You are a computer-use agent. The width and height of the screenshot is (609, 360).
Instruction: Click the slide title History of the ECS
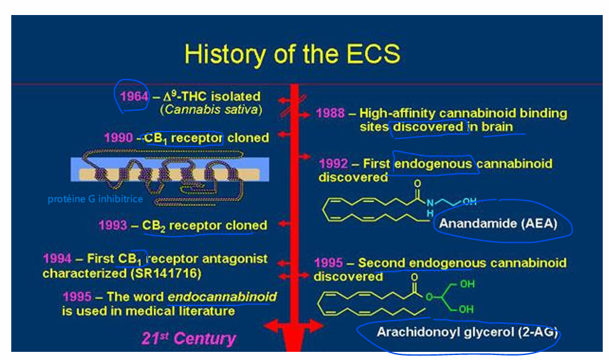coord(292,54)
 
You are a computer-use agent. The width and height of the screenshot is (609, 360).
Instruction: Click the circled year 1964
coord(134,96)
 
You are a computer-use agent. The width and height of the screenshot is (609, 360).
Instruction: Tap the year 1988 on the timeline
coord(330,113)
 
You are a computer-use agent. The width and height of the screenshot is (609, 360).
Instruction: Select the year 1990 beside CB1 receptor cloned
coord(118,138)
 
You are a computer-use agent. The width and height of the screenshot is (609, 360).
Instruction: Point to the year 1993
coord(113,225)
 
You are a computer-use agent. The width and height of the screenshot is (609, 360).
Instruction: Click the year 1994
coord(58,259)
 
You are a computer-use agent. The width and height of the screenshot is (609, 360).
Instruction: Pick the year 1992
coord(333,163)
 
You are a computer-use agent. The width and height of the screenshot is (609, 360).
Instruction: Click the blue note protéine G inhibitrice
coord(95,199)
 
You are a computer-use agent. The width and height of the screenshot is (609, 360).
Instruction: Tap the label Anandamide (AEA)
coord(498,224)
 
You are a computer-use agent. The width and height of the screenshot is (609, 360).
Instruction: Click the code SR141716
coord(165,274)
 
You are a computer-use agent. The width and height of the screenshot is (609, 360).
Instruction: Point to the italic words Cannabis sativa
coord(211,110)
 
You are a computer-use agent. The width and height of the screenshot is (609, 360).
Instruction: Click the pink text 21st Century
coord(188,339)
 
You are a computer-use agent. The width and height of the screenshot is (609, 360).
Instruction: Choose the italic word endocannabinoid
coord(222,297)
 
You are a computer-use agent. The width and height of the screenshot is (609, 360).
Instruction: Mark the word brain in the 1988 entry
coord(498,127)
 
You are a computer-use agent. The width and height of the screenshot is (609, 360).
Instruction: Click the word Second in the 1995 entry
coord(382,263)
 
